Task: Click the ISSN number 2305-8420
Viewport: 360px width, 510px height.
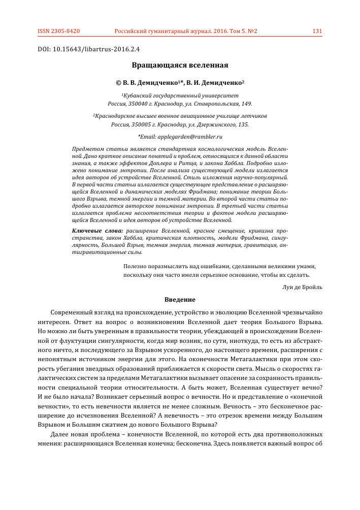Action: click(x=66, y=31)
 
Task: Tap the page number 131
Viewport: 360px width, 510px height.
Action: click(x=317, y=31)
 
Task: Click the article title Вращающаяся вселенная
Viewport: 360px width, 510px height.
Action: click(x=180, y=66)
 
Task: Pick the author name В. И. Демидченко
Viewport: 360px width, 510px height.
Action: click(x=215, y=82)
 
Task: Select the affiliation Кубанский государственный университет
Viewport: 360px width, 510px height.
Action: click(x=181, y=95)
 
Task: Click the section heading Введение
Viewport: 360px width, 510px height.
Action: click(x=180, y=299)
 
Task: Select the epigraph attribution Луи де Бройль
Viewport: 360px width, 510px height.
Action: click(x=302, y=286)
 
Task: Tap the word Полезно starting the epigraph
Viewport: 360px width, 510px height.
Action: click(x=136, y=266)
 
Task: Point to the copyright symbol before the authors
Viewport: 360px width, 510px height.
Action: click(x=118, y=82)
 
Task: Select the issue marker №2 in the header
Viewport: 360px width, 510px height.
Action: click(x=252, y=31)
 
